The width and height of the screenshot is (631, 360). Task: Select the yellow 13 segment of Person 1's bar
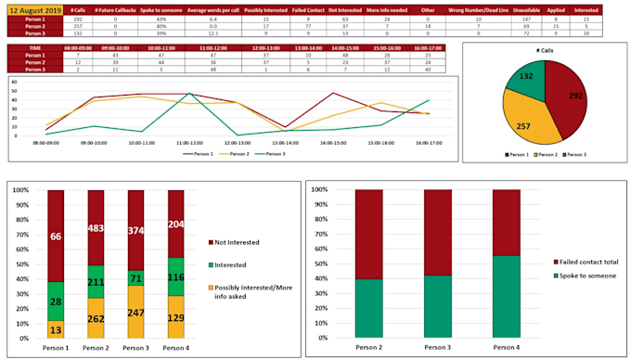[56, 330]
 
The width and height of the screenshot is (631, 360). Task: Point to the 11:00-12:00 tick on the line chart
[189, 144]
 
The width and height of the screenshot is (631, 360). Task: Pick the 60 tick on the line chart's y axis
[13, 81]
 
